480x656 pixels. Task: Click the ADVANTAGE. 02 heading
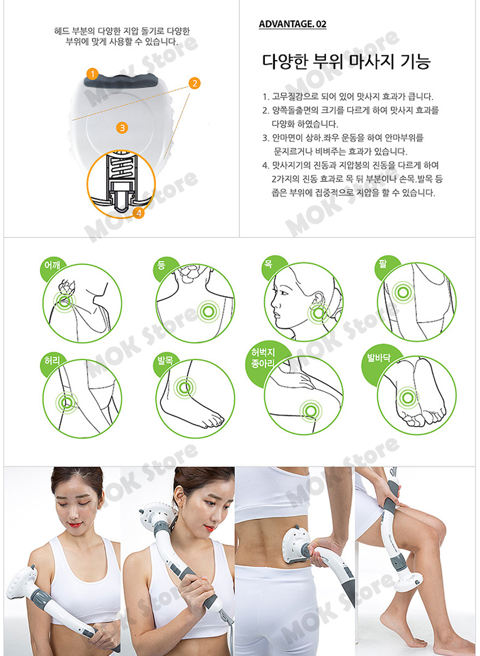click(x=293, y=24)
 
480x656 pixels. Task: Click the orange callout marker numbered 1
click(x=93, y=74)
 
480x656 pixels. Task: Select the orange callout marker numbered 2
click(x=194, y=83)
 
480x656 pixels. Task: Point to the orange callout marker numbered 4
click(x=139, y=212)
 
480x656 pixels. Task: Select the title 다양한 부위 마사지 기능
click(x=346, y=62)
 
